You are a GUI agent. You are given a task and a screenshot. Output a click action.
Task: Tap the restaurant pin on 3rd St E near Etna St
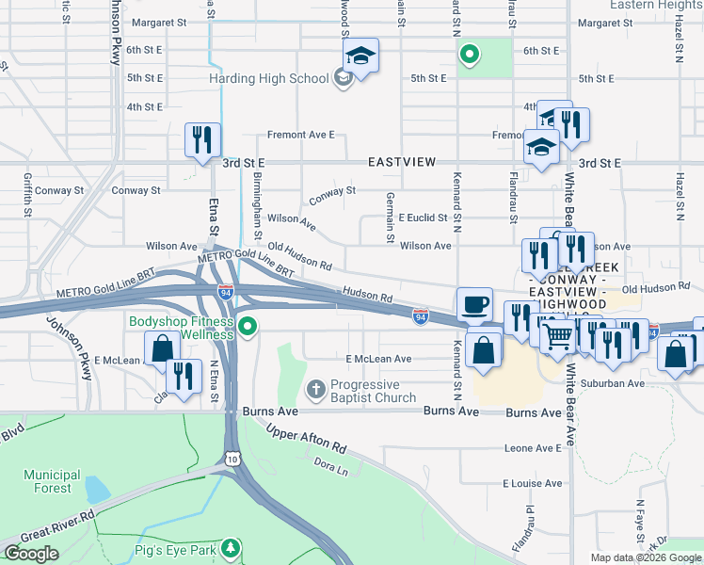click(x=202, y=140)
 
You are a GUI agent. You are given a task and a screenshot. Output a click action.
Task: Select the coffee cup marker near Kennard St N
click(x=474, y=304)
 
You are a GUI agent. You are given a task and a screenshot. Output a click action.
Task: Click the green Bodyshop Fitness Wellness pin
click(x=248, y=328)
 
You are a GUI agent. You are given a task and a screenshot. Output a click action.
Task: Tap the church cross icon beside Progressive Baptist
click(x=315, y=388)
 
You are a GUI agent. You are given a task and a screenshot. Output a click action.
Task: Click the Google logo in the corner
click(x=30, y=554)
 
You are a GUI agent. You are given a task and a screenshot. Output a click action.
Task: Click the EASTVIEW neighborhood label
click(x=402, y=162)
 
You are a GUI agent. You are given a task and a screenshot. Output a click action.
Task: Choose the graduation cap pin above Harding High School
click(x=360, y=56)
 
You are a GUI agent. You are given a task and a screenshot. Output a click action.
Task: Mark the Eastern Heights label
click(x=656, y=5)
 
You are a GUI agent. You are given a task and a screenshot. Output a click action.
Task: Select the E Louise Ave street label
click(x=532, y=484)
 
